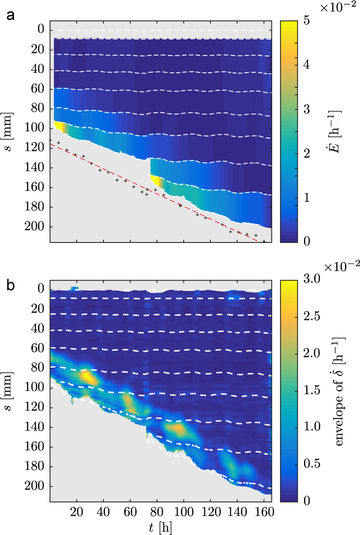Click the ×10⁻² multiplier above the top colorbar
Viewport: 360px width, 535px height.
[x=340, y=7]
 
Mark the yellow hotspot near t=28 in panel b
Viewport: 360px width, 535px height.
[x=88, y=376]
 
